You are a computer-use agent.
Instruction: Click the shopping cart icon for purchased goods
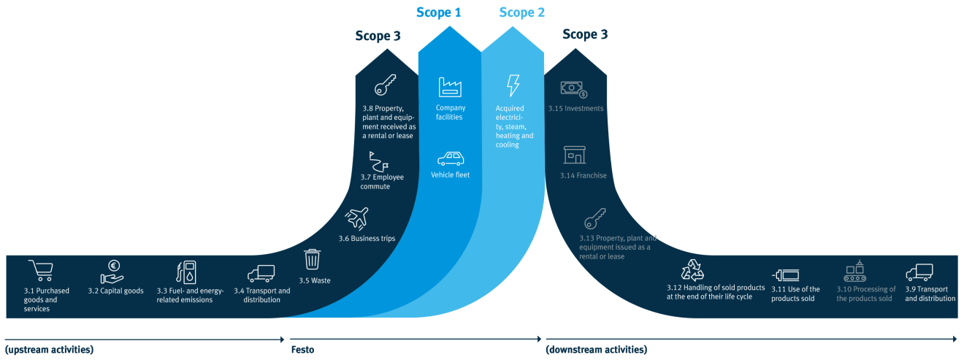click(x=40, y=271)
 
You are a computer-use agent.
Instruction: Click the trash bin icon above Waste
click(x=313, y=259)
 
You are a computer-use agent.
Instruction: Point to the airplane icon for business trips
click(x=356, y=218)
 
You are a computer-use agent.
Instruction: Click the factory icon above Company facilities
click(x=450, y=88)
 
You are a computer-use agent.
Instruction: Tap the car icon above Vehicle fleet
click(x=450, y=158)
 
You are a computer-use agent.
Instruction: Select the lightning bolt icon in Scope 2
click(x=513, y=86)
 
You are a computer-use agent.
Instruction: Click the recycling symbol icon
click(x=692, y=269)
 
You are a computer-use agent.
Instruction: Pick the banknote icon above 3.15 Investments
click(x=574, y=89)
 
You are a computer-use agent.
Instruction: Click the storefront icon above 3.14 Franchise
click(x=574, y=155)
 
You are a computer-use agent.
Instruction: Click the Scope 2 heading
click(x=521, y=12)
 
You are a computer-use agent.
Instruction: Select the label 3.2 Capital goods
click(x=115, y=291)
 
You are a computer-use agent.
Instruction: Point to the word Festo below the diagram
click(x=302, y=350)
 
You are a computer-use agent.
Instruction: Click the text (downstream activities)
click(x=596, y=350)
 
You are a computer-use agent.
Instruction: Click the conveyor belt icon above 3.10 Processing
click(x=854, y=272)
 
